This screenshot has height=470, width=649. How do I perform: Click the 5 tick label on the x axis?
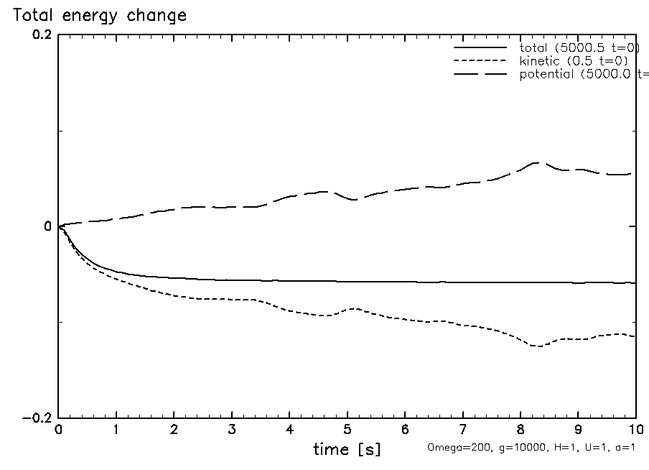(x=347, y=429)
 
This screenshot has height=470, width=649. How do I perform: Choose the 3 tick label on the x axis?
(x=232, y=429)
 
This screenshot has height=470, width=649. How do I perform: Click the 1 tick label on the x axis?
(x=116, y=429)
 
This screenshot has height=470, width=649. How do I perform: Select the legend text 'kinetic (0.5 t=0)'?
(x=574, y=61)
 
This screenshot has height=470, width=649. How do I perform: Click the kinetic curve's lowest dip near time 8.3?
(x=536, y=346)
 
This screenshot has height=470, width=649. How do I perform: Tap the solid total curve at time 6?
(x=405, y=282)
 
